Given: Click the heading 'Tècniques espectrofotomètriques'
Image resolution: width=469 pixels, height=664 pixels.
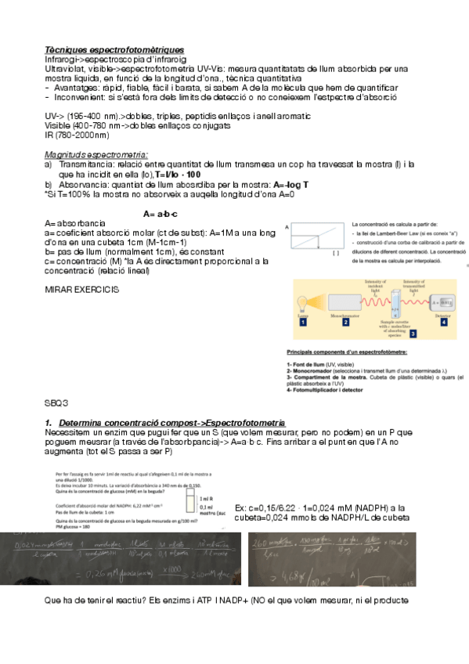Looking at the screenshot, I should coord(114,49).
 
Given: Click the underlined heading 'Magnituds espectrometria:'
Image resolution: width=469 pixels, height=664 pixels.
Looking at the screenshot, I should coord(96,153).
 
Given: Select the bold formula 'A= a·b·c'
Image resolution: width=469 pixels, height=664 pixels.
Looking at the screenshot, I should coord(161,214).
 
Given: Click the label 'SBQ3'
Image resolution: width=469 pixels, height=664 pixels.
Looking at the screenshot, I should coord(57,402).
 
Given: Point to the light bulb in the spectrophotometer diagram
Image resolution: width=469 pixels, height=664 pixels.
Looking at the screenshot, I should coord(302,302).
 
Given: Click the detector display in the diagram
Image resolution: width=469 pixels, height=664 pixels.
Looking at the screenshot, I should coord(443,301).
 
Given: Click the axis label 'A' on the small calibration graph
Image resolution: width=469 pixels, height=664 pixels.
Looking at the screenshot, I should coord(287,227).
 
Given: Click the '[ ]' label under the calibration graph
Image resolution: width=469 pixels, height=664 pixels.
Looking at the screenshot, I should coord(335,254).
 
